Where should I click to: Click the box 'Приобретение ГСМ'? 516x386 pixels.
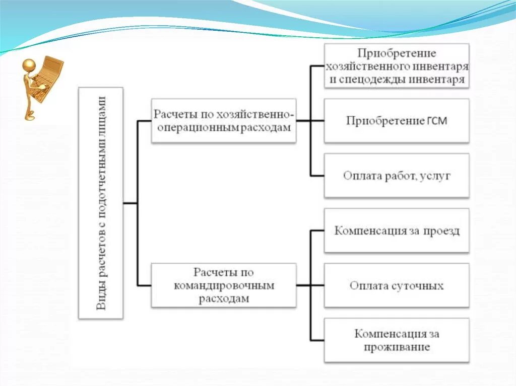click(x=397, y=121)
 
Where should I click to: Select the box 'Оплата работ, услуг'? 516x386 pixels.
click(x=397, y=176)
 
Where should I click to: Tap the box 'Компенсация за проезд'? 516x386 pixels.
click(x=397, y=231)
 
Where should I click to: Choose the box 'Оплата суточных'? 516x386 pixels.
click(x=397, y=286)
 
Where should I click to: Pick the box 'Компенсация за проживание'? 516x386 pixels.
click(x=397, y=340)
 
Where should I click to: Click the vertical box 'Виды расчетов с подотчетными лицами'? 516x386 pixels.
click(x=101, y=203)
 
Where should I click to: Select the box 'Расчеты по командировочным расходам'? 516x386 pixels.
click(x=224, y=286)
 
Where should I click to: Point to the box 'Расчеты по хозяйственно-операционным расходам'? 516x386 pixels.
click(x=224, y=121)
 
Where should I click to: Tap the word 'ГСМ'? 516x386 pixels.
click(x=436, y=121)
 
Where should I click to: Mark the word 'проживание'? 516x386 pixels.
click(x=397, y=347)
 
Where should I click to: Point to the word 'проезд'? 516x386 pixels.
click(x=442, y=231)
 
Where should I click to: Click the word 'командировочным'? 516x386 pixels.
click(x=224, y=286)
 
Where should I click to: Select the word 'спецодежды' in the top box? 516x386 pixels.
click(x=367, y=80)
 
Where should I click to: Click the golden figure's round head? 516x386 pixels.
click(x=29, y=66)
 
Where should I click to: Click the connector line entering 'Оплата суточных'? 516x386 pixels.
click(x=316, y=286)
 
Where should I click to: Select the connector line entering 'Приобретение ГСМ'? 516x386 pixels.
click(x=316, y=121)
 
